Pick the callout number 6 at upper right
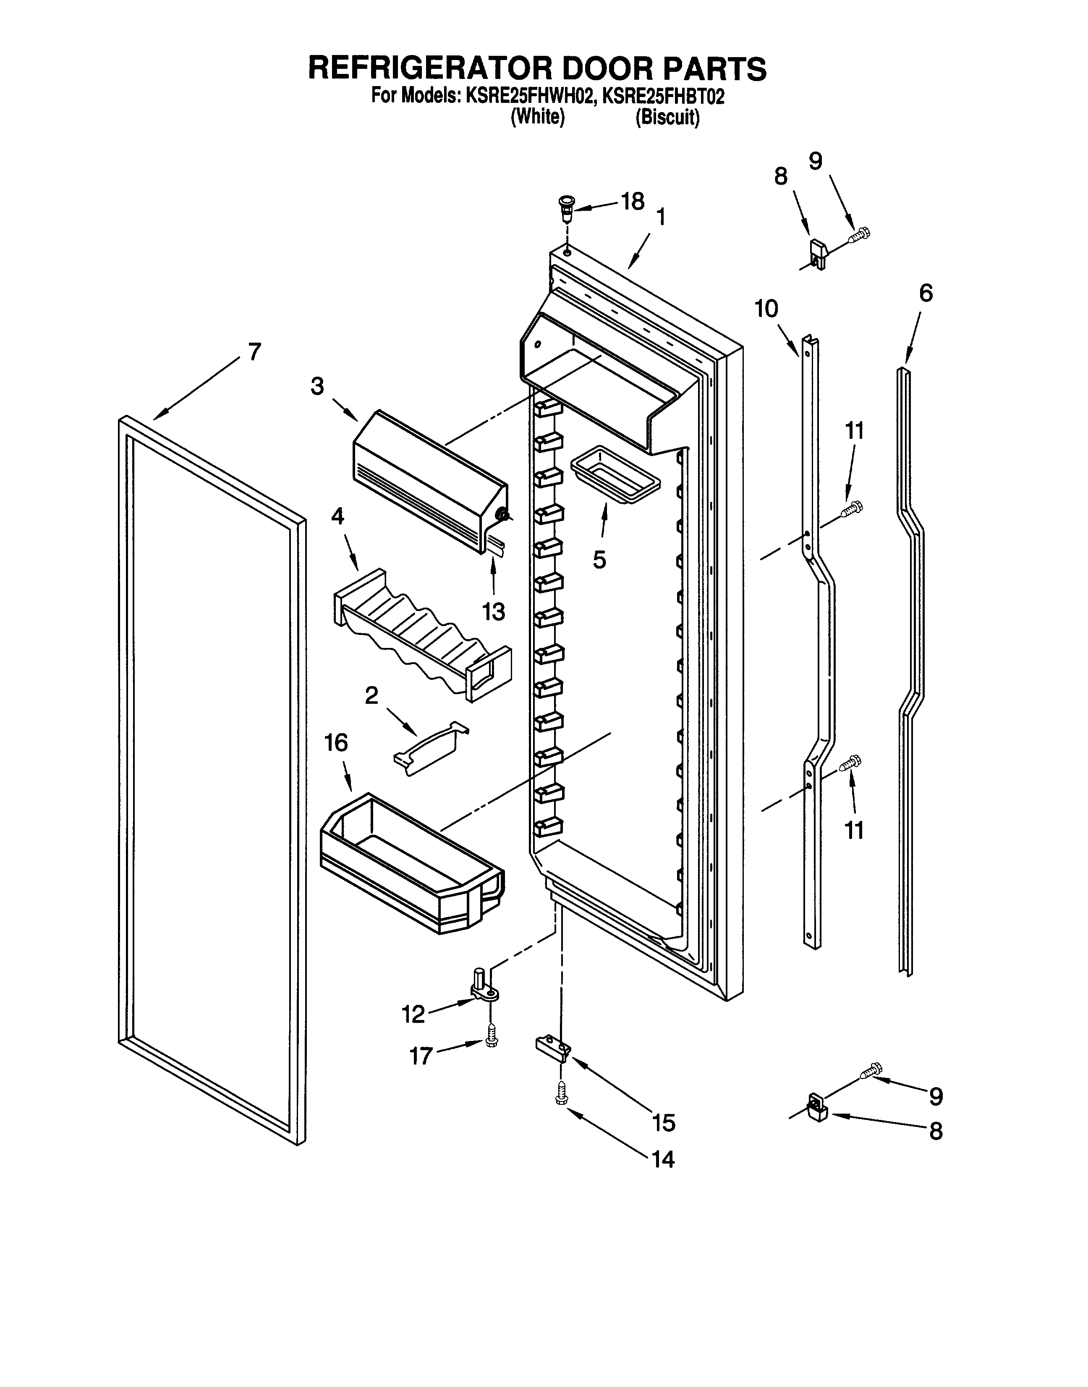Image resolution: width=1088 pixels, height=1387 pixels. tap(925, 293)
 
